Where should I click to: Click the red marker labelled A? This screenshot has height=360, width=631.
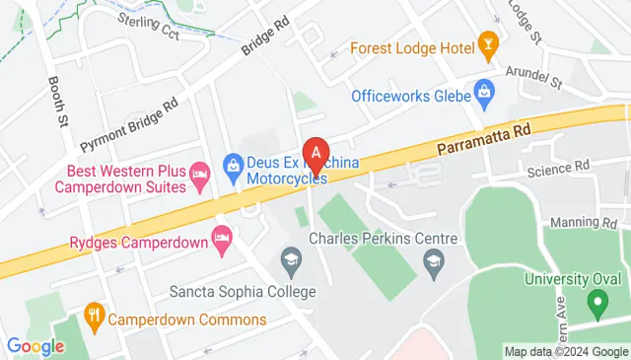[315, 154]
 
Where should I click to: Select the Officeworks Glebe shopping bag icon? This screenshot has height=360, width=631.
[483, 94]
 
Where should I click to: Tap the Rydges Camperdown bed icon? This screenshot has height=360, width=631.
[223, 239]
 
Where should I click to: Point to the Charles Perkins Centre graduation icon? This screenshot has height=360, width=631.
[432, 260]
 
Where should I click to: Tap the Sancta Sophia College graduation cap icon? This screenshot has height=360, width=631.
[291, 260]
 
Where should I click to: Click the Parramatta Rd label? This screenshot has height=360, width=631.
[484, 138]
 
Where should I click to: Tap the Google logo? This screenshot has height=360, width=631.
[35, 346]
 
